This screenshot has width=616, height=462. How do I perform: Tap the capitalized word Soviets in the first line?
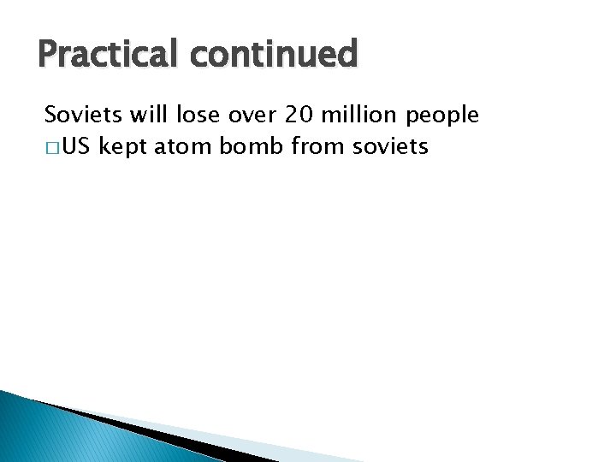point(81,115)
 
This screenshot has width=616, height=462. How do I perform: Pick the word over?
point(250,115)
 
